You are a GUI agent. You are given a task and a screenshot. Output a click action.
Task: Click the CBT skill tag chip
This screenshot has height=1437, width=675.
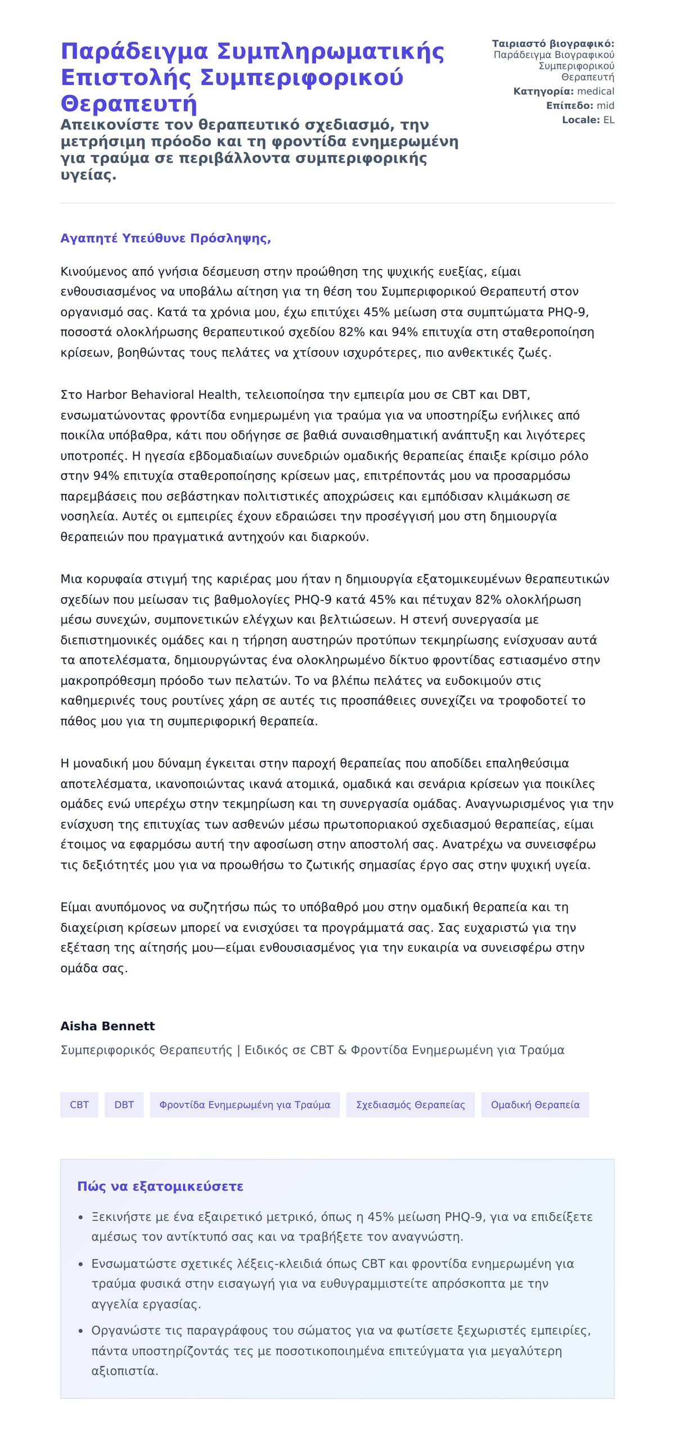(79, 1104)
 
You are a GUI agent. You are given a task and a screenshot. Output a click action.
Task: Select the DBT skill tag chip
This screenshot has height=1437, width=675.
(124, 1104)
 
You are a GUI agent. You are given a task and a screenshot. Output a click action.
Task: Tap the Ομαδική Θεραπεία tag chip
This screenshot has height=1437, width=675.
(535, 1104)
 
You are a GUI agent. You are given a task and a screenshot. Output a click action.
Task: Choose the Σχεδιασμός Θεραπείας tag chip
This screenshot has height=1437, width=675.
(410, 1104)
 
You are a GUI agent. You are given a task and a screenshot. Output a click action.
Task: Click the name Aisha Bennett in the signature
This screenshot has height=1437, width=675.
(107, 1026)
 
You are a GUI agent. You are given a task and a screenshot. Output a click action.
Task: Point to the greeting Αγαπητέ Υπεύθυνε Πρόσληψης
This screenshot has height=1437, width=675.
(165, 238)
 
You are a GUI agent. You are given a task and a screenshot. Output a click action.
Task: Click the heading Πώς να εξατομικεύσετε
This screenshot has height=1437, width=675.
(160, 1186)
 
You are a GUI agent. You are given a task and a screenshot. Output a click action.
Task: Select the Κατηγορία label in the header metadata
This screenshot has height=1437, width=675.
(543, 91)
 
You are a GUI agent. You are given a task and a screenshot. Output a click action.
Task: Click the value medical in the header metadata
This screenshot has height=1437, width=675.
(596, 91)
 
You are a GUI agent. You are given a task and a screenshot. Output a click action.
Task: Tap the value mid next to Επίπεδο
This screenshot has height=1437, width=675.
(605, 105)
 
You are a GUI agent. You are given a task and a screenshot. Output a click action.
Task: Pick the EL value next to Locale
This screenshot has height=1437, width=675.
(609, 120)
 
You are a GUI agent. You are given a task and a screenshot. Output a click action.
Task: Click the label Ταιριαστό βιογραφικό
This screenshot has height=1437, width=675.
(553, 43)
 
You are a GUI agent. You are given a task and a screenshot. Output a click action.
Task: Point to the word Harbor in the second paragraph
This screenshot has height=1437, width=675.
(106, 395)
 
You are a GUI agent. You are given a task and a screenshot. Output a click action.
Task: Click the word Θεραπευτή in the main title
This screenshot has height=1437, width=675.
(129, 104)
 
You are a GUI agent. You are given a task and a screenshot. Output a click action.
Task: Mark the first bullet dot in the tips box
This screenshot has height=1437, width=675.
(80, 1218)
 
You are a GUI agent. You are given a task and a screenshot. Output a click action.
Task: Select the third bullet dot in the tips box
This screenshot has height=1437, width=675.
(80, 1331)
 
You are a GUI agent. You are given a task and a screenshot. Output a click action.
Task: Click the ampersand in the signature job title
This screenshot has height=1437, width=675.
(342, 1050)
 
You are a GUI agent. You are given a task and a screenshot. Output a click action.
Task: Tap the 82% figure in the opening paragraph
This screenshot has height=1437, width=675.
(352, 332)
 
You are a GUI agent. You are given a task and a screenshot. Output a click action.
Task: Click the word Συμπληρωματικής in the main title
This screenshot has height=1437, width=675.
(330, 51)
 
